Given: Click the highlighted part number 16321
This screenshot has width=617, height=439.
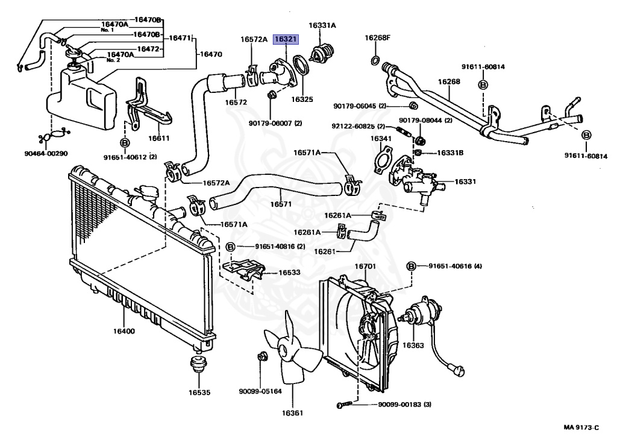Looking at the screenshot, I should tap(286, 39).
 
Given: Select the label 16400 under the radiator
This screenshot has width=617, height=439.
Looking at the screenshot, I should tap(124, 331).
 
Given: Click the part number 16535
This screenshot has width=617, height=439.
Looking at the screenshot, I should tap(199, 393).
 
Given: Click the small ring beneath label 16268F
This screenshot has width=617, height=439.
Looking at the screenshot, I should tap(375, 60).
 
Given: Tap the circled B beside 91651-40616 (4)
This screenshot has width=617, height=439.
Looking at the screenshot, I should tap(412, 266).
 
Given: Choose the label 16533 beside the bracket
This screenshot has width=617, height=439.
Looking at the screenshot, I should tap(289, 273).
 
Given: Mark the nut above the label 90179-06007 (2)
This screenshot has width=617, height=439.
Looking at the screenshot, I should tap(271, 95).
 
